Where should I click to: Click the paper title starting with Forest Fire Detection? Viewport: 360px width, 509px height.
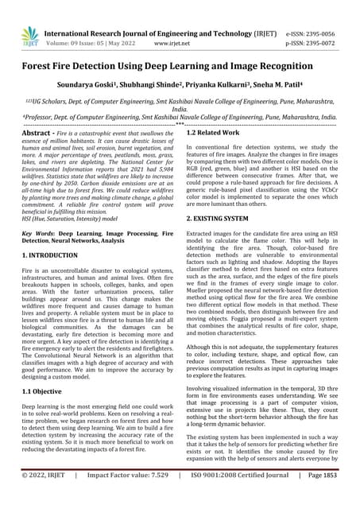coord(180,70)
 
